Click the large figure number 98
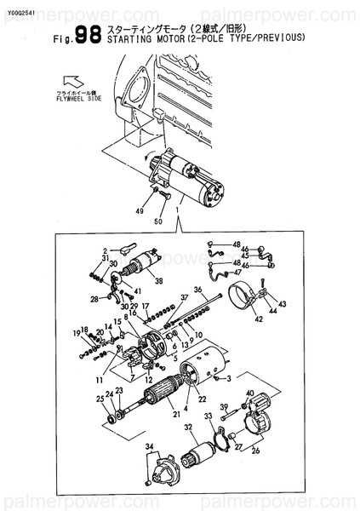[88, 34]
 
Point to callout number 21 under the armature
[176, 415]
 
